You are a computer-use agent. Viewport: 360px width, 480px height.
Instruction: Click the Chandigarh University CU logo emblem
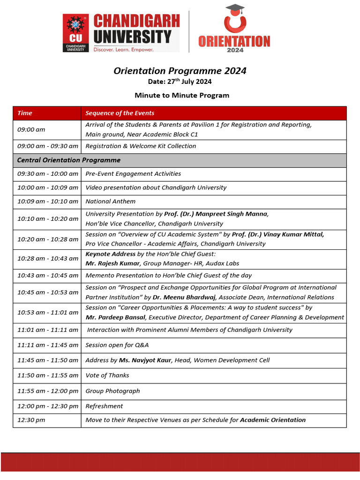point(76,32)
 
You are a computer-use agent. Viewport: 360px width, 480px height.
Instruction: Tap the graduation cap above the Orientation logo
point(234,9)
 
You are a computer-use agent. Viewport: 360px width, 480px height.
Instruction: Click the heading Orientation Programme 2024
point(180,71)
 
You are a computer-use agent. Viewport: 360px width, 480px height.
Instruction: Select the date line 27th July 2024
point(180,82)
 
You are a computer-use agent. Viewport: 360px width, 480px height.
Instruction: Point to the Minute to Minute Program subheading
point(182,95)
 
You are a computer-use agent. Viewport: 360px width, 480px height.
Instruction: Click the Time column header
point(25,113)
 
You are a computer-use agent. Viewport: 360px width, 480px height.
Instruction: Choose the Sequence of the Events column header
point(120,113)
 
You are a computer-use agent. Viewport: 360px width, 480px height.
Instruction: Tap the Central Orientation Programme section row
point(69,160)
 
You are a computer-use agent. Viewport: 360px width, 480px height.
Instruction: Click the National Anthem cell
point(110,201)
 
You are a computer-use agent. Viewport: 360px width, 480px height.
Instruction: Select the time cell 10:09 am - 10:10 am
point(47,201)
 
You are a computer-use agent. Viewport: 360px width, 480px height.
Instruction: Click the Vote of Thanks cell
point(107,375)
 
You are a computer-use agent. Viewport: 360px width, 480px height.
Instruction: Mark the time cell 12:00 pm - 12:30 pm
point(47,406)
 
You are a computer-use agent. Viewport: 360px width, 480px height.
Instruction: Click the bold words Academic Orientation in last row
point(272,420)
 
